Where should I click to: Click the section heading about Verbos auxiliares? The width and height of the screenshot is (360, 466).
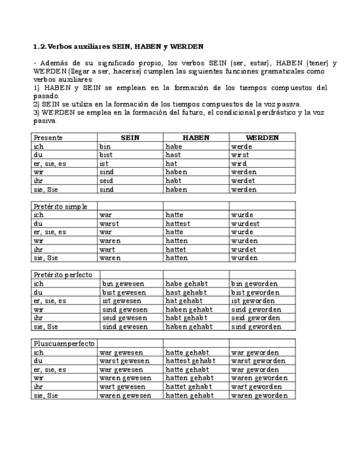[x=118, y=47]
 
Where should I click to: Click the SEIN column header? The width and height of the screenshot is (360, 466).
[x=130, y=138]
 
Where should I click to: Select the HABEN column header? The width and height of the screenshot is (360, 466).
[x=196, y=138]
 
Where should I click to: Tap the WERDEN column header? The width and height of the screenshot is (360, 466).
[x=262, y=138]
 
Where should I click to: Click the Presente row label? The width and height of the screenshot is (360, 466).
[x=48, y=138]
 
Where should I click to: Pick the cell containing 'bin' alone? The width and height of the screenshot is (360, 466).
[x=106, y=147]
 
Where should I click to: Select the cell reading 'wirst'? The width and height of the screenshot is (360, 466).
[x=240, y=155]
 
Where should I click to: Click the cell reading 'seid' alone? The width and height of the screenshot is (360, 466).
[x=107, y=181]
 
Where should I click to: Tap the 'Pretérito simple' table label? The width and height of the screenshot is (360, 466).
[x=60, y=207]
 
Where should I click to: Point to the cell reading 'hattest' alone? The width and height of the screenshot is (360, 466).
[x=178, y=224]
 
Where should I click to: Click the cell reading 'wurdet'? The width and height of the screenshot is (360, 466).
[x=245, y=249]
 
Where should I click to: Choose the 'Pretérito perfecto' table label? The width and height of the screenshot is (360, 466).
[x=63, y=275]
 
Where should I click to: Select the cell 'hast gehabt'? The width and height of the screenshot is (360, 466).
[x=185, y=292]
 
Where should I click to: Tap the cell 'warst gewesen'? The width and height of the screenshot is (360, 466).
[x=124, y=361]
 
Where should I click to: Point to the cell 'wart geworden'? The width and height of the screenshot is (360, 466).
[x=256, y=387]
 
